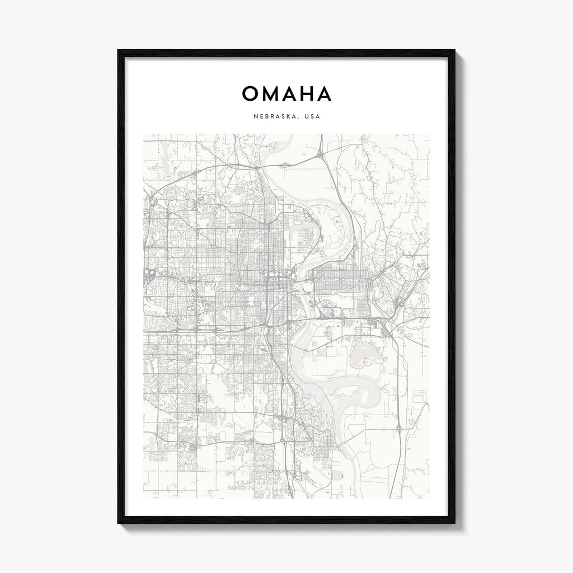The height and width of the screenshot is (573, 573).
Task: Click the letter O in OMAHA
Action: (250, 94)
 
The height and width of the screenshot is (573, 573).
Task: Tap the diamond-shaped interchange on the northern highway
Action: (285, 165)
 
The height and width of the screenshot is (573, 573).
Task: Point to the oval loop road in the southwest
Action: (193, 448)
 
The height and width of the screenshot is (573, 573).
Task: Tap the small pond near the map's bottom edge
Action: (337, 475)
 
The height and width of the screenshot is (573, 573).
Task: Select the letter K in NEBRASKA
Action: (290, 118)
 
